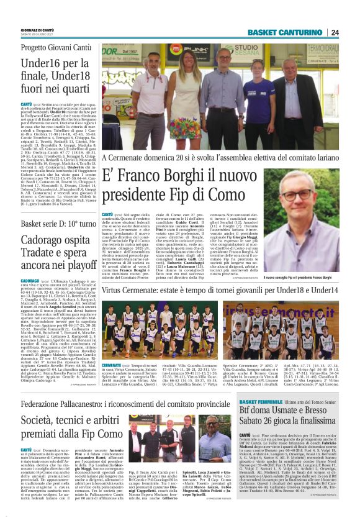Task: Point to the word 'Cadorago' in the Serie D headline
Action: click(45, 240)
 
